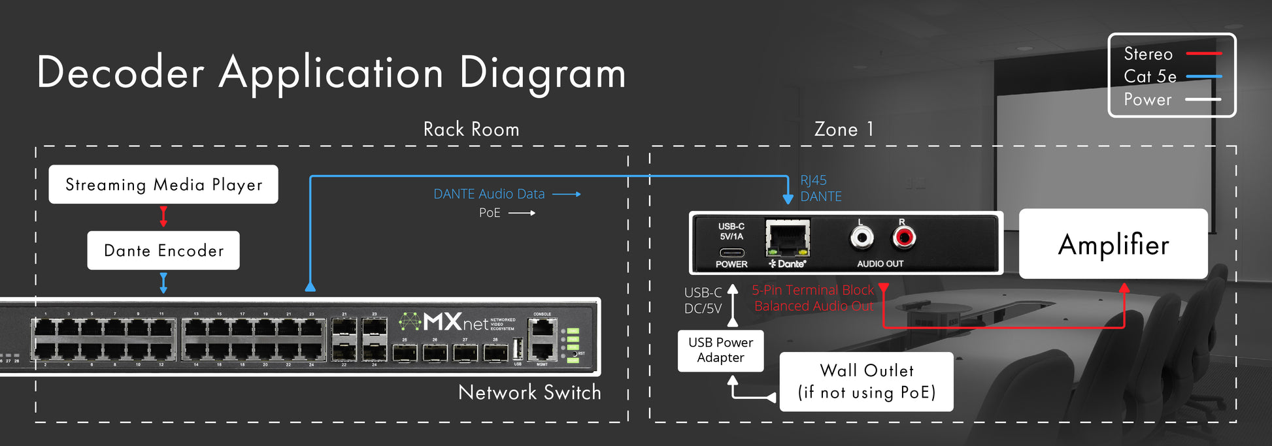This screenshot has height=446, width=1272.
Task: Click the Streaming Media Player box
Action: pyautogui.click(x=163, y=185)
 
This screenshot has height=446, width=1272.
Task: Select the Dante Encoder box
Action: pyautogui.click(x=163, y=251)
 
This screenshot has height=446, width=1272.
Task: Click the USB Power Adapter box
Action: pyautogui.click(x=720, y=351)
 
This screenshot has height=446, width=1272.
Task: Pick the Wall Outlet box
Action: pyautogui.click(x=866, y=382)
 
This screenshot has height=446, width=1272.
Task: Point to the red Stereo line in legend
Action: pyautogui.click(x=1203, y=54)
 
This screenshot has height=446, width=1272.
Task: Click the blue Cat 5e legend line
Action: pyautogui.click(x=1203, y=76)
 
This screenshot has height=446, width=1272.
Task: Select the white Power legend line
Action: pyautogui.click(x=1203, y=99)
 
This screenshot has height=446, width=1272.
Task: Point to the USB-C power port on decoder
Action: pyautogui.click(x=731, y=253)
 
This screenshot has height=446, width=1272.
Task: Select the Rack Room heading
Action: pyautogui.click(x=471, y=129)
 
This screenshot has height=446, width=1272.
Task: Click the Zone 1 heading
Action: pyautogui.click(x=844, y=129)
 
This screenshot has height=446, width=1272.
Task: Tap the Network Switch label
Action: pyautogui.click(x=529, y=392)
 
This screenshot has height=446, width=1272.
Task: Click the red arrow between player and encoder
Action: pyautogui.click(x=163, y=217)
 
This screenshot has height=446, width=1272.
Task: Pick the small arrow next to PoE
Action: pyautogui.click(x=522, y=213)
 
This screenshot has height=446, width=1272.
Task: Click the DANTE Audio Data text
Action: pyautogui.click(x=489, y=194)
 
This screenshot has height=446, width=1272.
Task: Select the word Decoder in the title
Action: pyautogui.click(x=120, y=72)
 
